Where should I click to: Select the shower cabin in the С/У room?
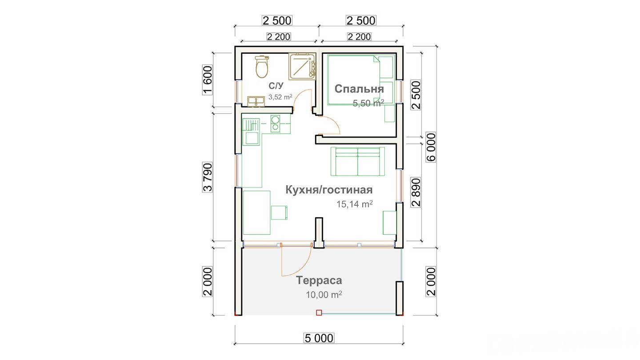click(x=302, y=66)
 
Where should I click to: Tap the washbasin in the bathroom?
click(x=256, y=101)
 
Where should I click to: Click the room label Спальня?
click(x=359, y=89)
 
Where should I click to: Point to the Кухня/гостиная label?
click(x=329, y=190)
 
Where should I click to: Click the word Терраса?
click(x=319, y=280)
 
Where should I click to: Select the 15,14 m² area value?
click(x=354, y=204)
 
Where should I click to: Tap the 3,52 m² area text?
click(x=280, y=97)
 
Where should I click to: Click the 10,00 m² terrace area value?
click(x=324, y=295)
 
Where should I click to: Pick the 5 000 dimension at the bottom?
click(x=319, y=338)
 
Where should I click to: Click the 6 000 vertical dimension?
click(x=431, y=147)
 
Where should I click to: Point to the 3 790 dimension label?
click(x=208, y=177)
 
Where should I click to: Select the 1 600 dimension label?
click(x=208, y=80)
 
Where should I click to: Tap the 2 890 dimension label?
click(x=416, y=192)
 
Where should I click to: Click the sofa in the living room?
click(x=358, y=161)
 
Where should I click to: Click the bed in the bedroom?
click(x=361, y=80)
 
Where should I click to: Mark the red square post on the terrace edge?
click(x=319, y=312)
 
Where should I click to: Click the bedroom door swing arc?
click(x=332, y=122)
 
